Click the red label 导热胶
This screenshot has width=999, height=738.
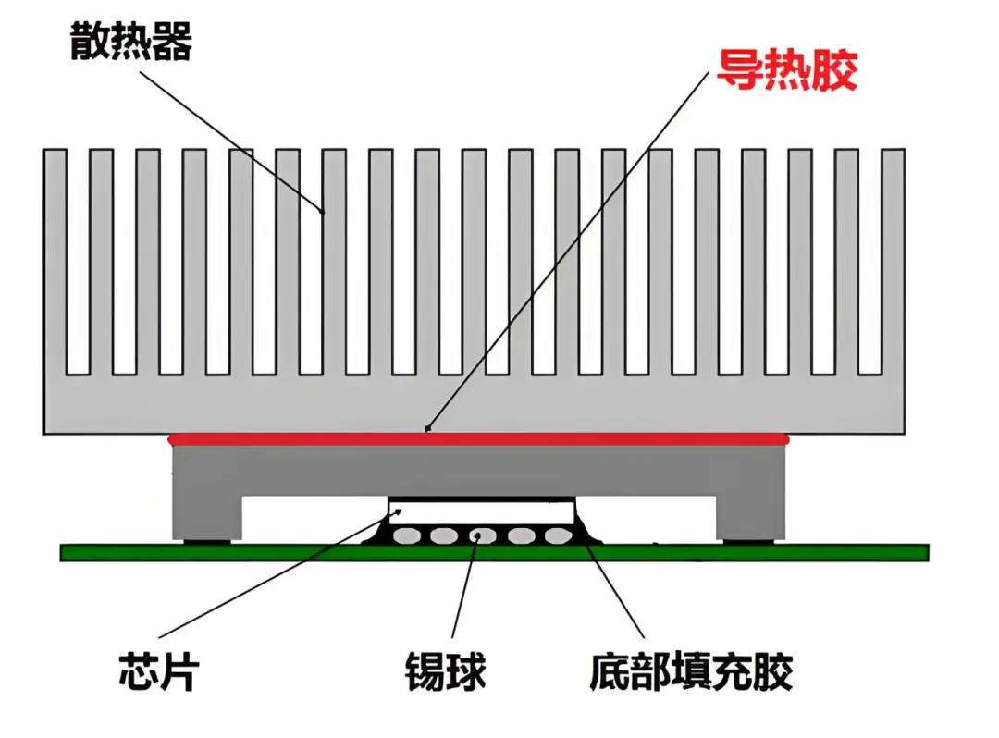click(x=787, y=69)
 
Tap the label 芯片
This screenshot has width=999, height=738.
click(x=158, y=670)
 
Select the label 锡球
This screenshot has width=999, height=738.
click(x=445, y=671)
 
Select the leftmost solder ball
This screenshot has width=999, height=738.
click(x=404, y=535)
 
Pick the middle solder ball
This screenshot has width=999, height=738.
click(x=479, y=535)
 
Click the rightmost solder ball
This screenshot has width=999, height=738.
click(x=555, y=535)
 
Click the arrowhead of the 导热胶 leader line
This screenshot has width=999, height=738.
click(x=427, y=428)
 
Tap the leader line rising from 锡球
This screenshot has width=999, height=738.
click(x=465, y=592)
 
